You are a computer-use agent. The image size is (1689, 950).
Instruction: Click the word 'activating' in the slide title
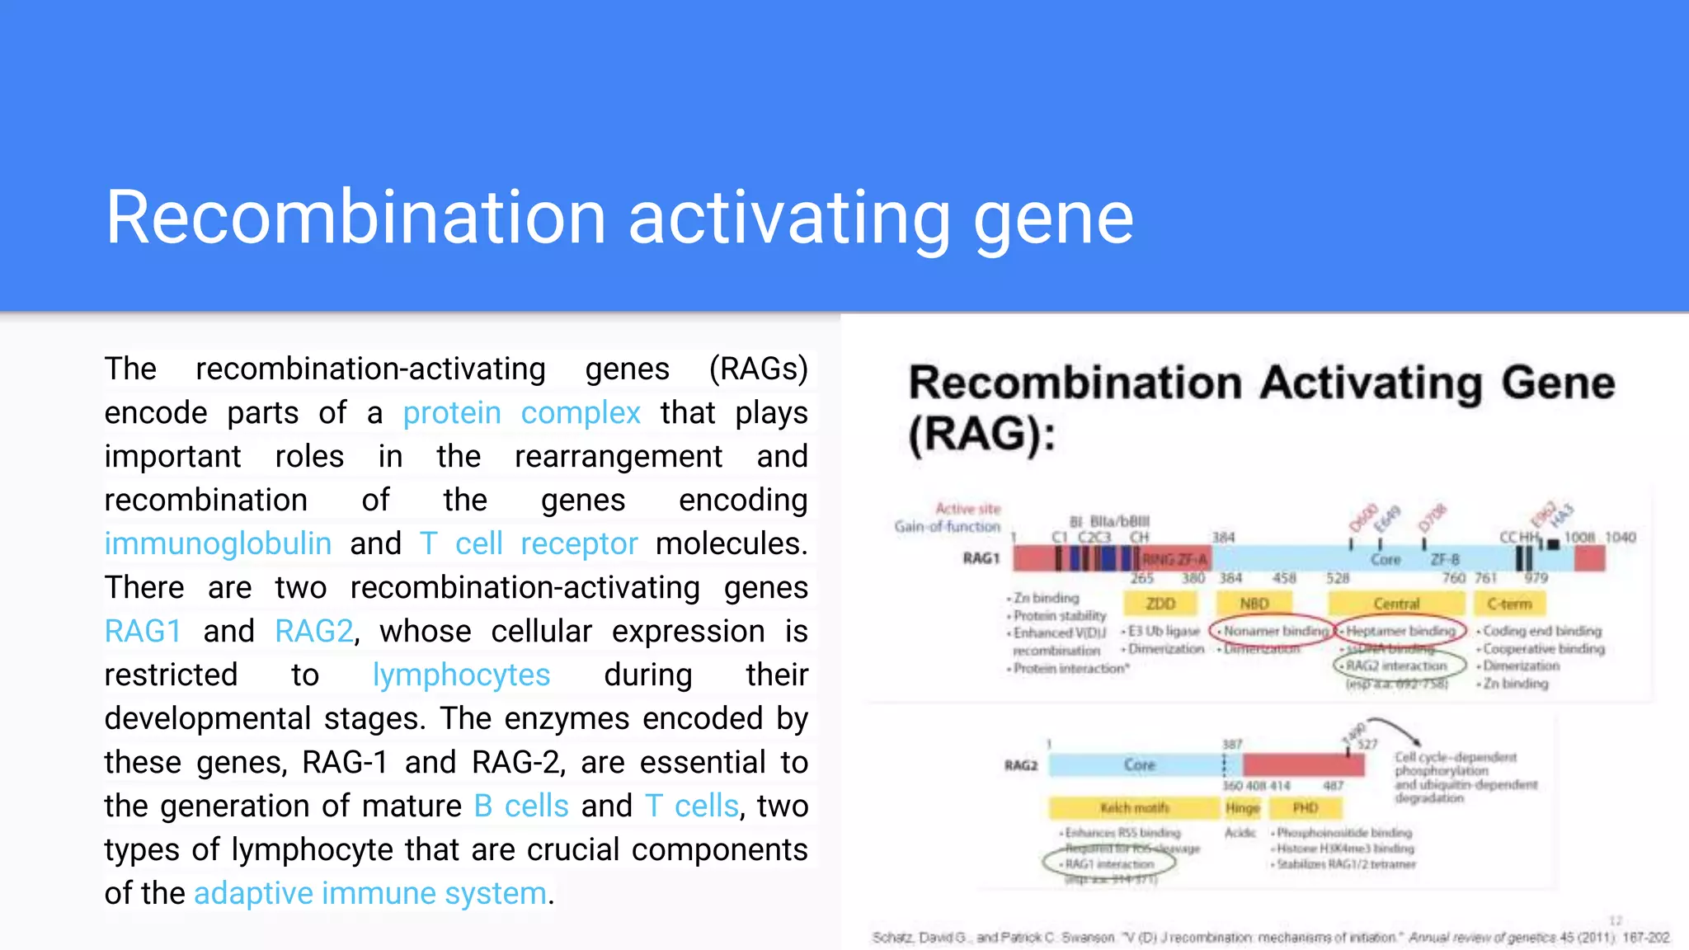point(789,218)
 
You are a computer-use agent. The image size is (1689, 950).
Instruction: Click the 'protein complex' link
point(521,412)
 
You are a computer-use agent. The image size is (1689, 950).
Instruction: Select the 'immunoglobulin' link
point(218,543)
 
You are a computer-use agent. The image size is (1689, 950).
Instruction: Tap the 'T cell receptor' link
point(529,543)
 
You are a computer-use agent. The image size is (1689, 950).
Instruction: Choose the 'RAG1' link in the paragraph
point(143,631)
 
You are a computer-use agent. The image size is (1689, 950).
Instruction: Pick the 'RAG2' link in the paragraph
point(314,631)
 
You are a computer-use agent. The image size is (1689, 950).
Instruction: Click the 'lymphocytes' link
point(461,675)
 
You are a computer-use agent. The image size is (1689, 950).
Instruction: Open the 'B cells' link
point(521,806)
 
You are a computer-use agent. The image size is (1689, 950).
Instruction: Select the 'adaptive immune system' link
point(370,893)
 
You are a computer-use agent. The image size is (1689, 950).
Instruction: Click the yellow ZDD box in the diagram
point(1160,604)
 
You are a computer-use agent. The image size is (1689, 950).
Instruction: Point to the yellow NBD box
point(1254,604)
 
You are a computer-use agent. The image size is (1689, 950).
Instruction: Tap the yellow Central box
point(1396,604)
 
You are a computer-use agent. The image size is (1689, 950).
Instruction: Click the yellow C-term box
point(1509,604)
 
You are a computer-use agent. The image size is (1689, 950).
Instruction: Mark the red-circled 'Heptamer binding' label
point(1400,631)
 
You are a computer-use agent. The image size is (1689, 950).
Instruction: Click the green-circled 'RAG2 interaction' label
point(1397,665)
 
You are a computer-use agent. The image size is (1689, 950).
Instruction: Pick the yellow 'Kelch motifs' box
point(1134,807)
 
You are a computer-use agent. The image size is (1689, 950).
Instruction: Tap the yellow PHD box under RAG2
point(1305,807)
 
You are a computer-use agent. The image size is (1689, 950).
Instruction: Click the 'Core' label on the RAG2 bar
point(1139,764)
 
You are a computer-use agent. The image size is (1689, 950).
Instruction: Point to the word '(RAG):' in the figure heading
point(981,435)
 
